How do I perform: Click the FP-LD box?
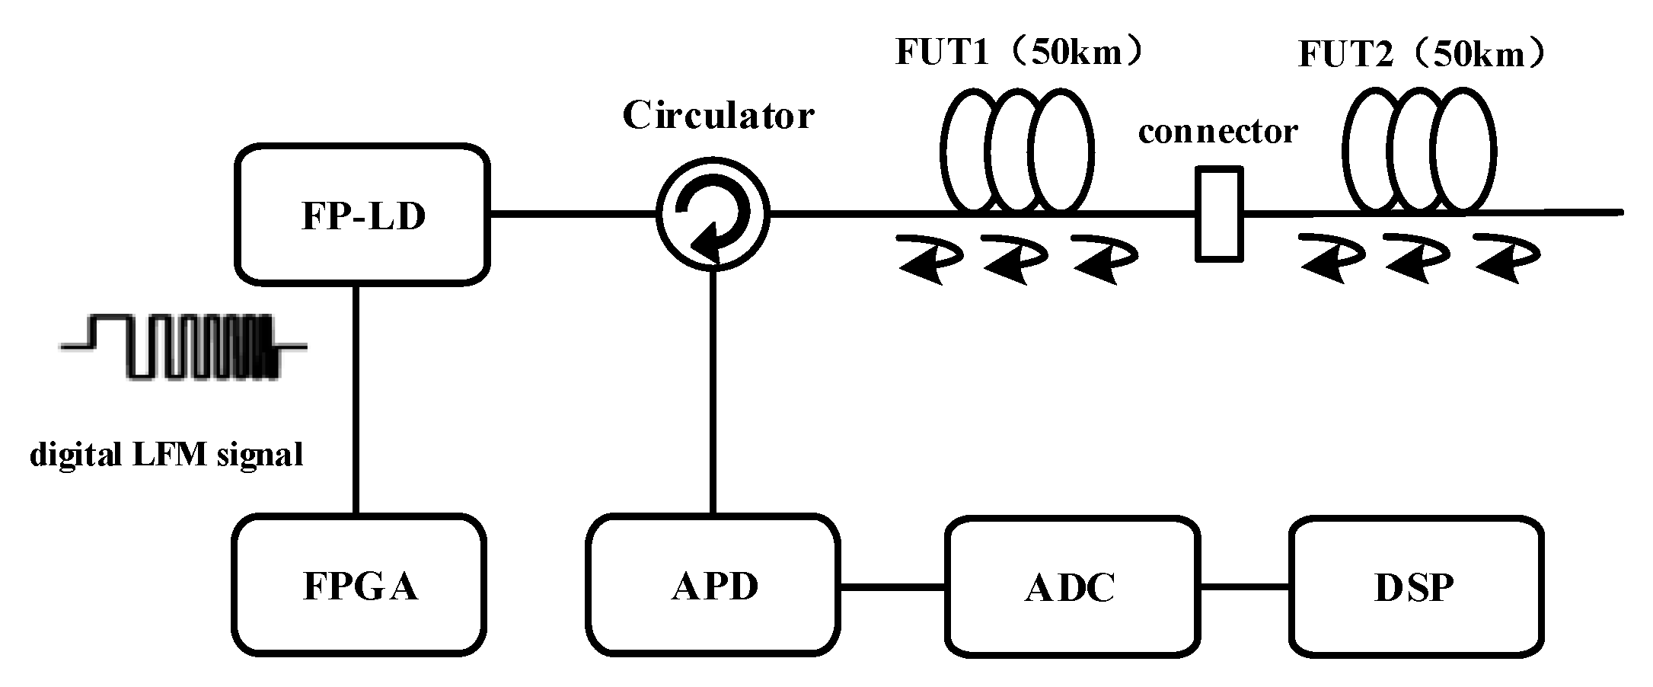[362, 215]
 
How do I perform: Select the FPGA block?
[359, 585]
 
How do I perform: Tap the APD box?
[713, 585]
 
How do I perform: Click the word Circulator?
[718, 116]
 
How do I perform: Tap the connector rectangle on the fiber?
[1218, 214]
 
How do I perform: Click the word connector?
[1217, 132]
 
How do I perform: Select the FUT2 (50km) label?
[1422, 55]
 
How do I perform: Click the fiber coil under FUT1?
[1017, 150]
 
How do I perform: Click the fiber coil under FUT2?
[1418, 150]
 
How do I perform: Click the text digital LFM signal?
[166, 455]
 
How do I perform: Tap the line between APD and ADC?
[892, 586]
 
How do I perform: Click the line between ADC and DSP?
[1244, 586]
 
